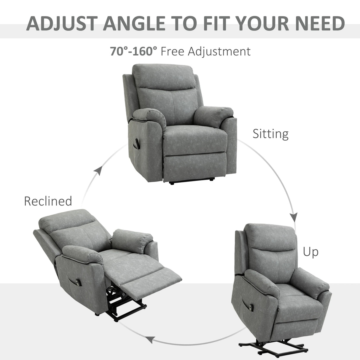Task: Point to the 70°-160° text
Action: tap(133, 51)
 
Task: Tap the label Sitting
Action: tap(270, 134)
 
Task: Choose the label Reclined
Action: tap(48, 201)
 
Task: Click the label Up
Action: tap(310, 252)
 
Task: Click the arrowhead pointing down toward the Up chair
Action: tap(294, 217)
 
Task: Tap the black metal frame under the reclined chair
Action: tap(126, 308)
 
